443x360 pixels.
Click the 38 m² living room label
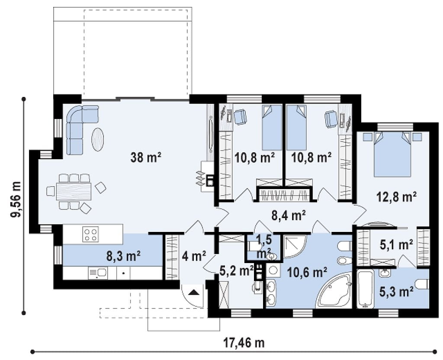tap(146, 157)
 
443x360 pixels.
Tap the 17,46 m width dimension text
tap(244, 343)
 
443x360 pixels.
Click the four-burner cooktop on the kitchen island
tap(91, 234)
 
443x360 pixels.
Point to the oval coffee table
tap(97, 140)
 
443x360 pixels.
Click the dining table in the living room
tap(74, 191)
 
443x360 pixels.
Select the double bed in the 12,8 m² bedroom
tap(392, 154)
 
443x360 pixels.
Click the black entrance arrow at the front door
tap(194, 292)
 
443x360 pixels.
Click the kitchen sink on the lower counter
tap(97, 273)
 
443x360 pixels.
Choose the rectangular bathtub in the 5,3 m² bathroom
tap(365, 289)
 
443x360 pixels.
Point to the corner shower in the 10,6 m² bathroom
tap(294, 247)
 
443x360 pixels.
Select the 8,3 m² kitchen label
tap(123, 256)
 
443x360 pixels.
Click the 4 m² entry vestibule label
tap(194, 256)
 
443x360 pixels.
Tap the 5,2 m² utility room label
tap(236, 271)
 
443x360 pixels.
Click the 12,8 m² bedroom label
tap(397, 196)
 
